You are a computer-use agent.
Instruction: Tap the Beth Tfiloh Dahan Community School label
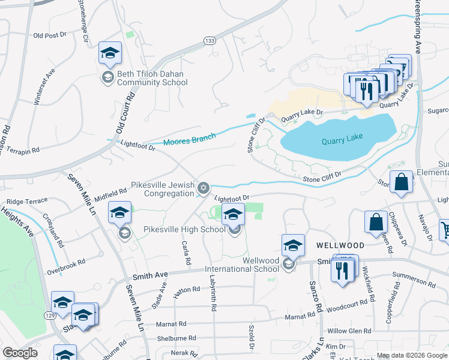151,78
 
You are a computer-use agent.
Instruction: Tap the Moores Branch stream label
189,140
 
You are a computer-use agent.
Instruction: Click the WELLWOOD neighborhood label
340,246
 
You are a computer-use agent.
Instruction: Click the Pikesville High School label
184,229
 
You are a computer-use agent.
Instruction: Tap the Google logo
20,353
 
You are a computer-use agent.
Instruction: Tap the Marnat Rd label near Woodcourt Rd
295,316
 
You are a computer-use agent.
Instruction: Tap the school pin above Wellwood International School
293,245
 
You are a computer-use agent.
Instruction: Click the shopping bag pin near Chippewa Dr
376,222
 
